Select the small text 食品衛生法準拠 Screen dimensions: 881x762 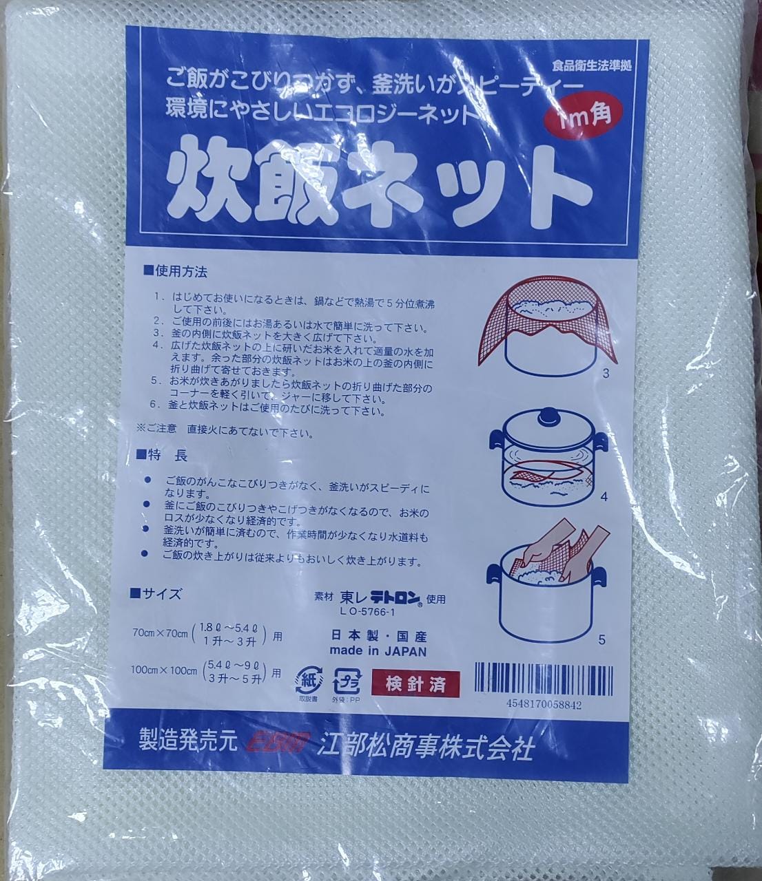(591, 67)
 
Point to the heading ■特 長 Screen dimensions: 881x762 (164, 455)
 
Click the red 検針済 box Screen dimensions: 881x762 (415, 684)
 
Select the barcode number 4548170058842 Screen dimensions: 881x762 (543, 705)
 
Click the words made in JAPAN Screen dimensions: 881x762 (378, 651)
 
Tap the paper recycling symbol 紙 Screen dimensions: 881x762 (307, 680)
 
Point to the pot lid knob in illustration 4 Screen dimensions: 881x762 (548, 416)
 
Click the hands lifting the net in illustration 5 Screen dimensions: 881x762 (555, 551)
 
